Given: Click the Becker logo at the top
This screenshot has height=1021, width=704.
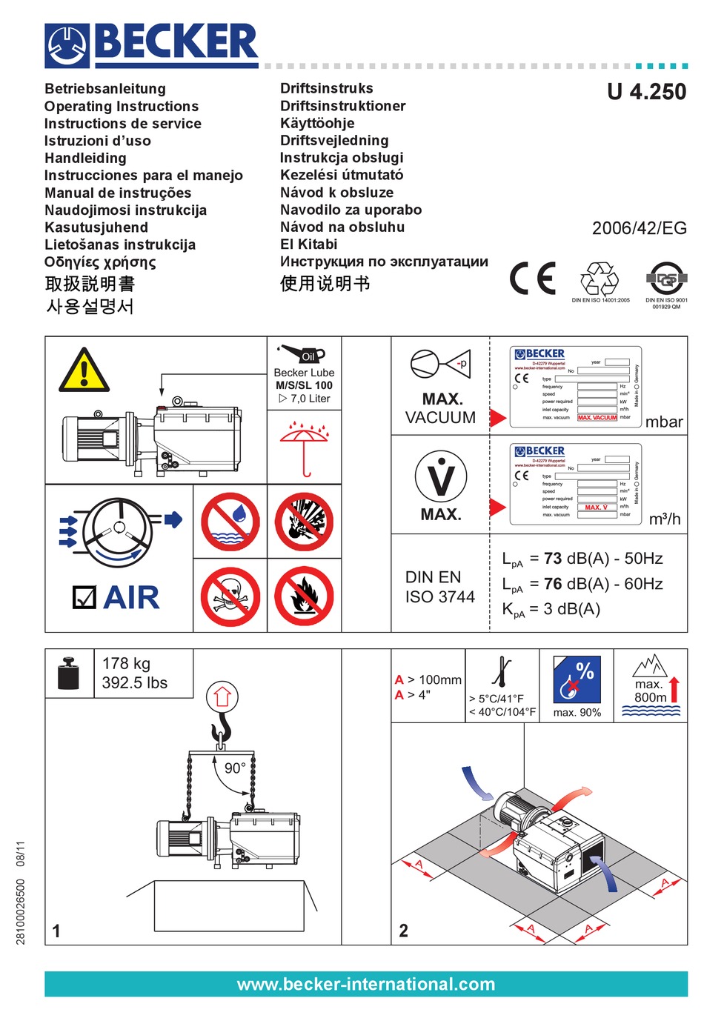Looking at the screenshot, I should coord(152,45).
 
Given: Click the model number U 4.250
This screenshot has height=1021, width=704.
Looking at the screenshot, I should coord(646,92).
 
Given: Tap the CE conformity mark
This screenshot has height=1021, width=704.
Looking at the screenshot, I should coord(532,279).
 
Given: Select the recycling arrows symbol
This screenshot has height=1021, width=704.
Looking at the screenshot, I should coord(599,279).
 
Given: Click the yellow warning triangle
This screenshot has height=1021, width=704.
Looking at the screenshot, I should coord(84,371).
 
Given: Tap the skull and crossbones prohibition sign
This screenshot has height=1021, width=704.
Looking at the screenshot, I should coord(230,596).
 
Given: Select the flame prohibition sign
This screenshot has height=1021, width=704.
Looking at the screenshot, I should coord(304,596).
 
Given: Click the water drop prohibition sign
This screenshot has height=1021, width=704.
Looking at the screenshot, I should coord(230,521).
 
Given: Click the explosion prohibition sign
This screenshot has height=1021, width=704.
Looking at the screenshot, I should coord(304,521).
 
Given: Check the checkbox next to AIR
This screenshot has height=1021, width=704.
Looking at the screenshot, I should coord(84,597).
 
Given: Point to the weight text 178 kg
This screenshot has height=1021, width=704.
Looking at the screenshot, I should coord(126,663).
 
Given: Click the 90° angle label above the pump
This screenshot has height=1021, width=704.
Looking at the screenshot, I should coord(235,768).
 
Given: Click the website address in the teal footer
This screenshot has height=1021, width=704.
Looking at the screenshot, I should coord(365,984).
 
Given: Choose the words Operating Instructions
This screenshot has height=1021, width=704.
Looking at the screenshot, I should coord(122,107).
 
